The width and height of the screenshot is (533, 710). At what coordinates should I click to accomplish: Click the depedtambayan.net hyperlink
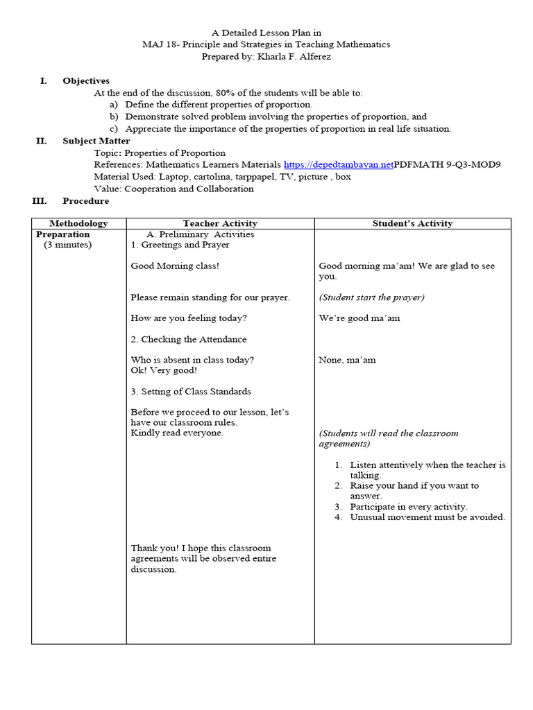coord(338,164)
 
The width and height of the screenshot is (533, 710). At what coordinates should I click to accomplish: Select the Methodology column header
coord(78,223)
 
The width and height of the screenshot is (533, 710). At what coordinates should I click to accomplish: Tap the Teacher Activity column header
coord(220,223)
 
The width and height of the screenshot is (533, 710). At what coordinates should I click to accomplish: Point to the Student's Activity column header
coord(412,223)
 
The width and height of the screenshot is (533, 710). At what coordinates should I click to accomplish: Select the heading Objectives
coord(86,81)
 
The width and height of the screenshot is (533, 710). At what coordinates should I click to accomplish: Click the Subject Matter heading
coord(96,141)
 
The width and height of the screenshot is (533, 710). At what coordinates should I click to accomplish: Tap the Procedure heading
coord(85,201)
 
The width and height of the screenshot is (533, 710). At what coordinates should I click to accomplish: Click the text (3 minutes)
coord(67,245)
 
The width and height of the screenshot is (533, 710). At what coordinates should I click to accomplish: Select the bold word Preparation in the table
coord(63,234)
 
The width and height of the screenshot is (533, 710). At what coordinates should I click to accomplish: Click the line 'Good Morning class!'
coord(175,266)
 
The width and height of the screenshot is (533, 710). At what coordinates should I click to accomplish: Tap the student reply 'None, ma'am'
coord(347,360)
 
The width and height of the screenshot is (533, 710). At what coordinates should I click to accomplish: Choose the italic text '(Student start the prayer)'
coord(371,297)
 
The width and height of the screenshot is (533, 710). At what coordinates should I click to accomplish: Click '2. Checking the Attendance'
coord(188,339)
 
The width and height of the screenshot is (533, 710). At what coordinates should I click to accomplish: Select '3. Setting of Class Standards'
coord(191,391)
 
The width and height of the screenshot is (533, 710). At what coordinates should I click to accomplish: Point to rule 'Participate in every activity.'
coord(409,507)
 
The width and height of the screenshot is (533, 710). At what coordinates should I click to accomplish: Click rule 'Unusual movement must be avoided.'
coord(428,517)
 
